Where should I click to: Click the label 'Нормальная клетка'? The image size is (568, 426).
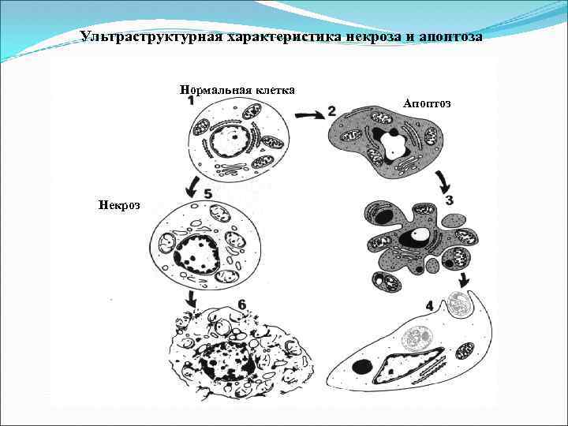[x=237, y=90]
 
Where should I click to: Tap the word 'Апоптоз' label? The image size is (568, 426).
[x=426, y=104]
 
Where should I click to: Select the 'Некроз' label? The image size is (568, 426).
[x=119, y=205]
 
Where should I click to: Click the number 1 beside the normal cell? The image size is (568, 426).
[x=192, y=101]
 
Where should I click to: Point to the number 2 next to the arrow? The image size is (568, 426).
[x=332, y=111]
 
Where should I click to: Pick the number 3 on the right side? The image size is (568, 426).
[x=449, y=200]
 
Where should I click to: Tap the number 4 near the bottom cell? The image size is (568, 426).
[x=428, y=305]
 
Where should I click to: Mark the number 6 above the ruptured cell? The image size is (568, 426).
[x=241, y=305]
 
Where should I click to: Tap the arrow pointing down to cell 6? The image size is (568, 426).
[x=189, y=298]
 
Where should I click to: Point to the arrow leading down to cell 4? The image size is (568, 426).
[x=463, y=279]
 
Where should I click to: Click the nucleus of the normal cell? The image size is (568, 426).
[x=230, y=142]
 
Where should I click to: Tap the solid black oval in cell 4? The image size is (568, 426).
[x=364, y=367]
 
